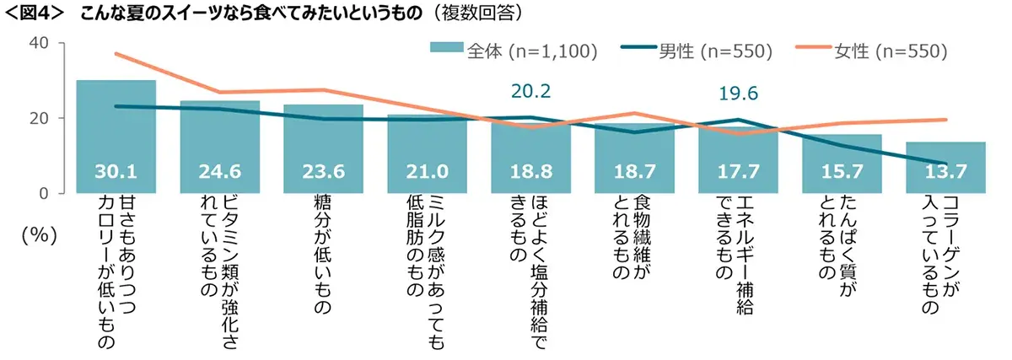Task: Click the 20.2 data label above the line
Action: pos(530,90)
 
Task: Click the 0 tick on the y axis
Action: pos(44,193)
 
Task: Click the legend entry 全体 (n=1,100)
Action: pos(514,51)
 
